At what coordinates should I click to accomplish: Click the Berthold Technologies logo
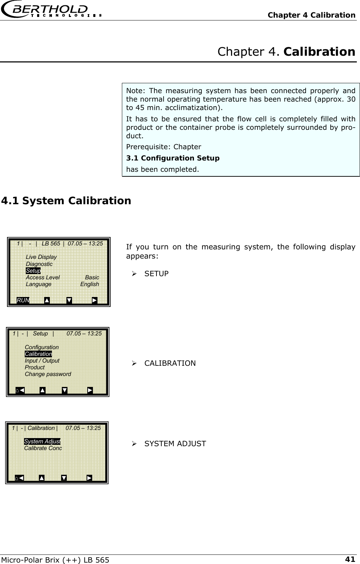[51, 11]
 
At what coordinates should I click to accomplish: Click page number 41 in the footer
[350, 559]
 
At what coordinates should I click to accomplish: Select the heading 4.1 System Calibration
[66, 201]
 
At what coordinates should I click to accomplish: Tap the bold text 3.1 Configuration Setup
[173, 158]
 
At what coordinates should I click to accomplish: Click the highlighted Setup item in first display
[33, 271]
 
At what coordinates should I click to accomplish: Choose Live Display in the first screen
[41, 257]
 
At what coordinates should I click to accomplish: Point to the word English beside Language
[89, 284]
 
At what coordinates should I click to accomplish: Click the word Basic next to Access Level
[92, 278]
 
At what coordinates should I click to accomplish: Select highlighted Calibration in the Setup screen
[38, 354]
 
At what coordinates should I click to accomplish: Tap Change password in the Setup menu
[48, 374]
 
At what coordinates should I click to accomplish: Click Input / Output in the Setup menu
[42, 361]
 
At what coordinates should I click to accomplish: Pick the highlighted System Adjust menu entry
[42, 442]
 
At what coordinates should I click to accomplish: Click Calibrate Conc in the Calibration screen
[43, 448]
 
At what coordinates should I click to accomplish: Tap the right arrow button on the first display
[94, 301]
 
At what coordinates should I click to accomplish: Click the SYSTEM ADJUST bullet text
[175, 444]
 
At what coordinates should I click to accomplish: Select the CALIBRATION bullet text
[170, 363]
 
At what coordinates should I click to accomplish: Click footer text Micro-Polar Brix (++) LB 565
[55, 560]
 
